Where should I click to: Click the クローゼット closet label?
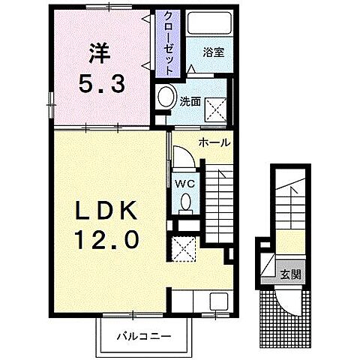169,41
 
